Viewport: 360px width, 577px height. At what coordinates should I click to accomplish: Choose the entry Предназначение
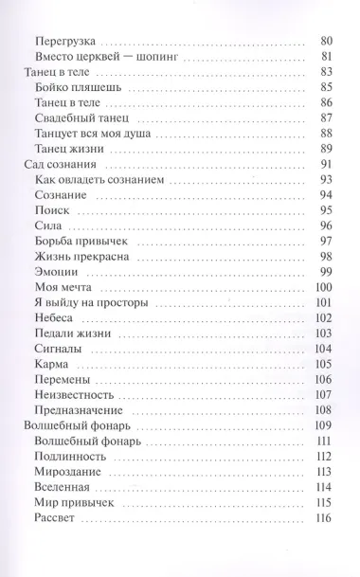[x=79, y=409]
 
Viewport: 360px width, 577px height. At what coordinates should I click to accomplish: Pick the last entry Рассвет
[x=55, y=517]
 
